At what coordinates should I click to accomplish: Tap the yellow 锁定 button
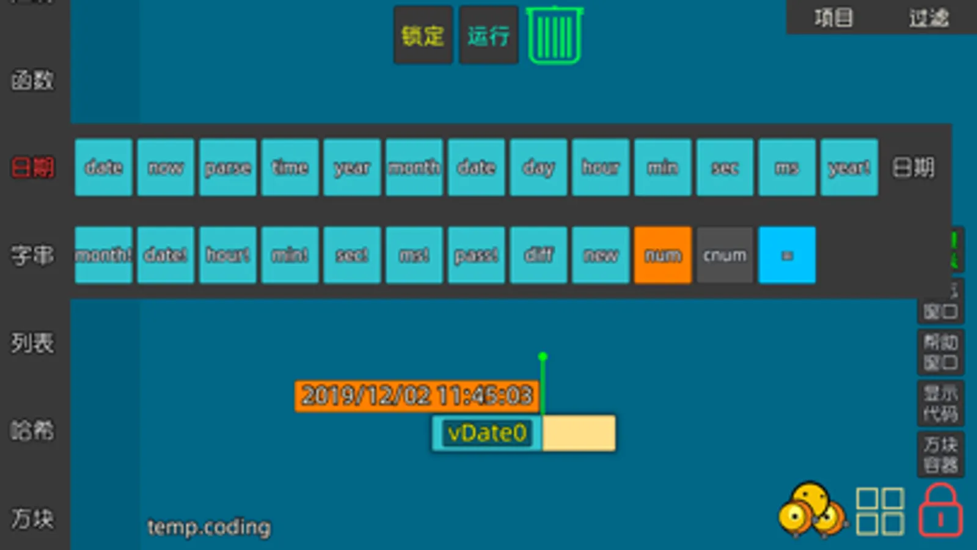pos(423,35)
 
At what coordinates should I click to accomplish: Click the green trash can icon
pos(555,35)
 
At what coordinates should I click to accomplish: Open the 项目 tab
pos(833,18)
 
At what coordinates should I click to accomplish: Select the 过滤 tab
pos(929,18)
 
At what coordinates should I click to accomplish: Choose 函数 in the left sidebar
pos(33,80)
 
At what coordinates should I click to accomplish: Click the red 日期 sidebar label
pos(33,167)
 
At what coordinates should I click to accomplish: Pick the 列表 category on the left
pos(33,343)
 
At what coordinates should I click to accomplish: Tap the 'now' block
pos(166,167)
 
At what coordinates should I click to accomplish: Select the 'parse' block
pos(227,167)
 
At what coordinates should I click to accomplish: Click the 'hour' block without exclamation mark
pos(600,167)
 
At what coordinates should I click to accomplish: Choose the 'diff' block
pos(538,255)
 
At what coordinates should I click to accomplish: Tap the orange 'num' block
pos(662,255)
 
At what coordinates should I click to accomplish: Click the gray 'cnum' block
pos(725,255)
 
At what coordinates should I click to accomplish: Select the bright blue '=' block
pos(787,255)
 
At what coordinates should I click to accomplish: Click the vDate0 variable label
pos(487,433)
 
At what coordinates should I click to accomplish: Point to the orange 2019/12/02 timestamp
pos(417,396)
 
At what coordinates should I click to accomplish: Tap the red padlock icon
pos(940,512)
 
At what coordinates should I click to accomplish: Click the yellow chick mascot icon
pos(811,510)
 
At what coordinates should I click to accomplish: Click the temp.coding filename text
pos(209,527)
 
